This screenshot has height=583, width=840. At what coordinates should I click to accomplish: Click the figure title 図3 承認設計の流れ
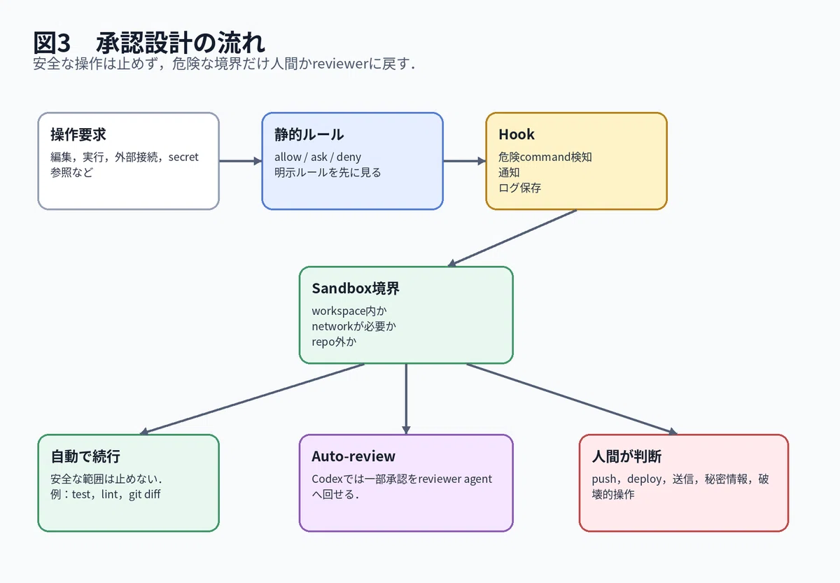pyautogui.click(x=149, y=43)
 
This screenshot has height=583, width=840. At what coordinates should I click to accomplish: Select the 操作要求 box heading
pyautogui.click(x=78, y=134)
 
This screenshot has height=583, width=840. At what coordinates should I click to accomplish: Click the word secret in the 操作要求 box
pyautogui.click(x=183, y=157)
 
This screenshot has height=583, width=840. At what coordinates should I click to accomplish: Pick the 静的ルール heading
pyautogui.click(x=309, y=134)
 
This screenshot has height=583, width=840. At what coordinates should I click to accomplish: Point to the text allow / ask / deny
pyautogui.click(x=318, y=157)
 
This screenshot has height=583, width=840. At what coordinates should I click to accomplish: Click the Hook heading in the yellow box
pyautogui.click(x=517, y=134)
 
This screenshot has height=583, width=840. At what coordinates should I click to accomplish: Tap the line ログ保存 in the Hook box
pyautogui.click(x=519, y=188)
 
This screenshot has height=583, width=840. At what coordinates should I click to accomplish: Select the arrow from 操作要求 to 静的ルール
pyautogui.click(x=240, y=161)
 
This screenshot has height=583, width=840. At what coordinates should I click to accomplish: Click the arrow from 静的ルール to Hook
pyautogui.click(x=465, y=161)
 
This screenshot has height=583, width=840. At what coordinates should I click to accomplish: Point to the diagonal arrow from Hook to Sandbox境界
pyautogui.click(x=512, y=238)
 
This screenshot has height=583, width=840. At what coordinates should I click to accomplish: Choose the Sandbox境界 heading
pyautogui.click(x=356, y=288)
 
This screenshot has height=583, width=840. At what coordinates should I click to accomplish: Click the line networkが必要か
pyautogui.click(x=353, y=326)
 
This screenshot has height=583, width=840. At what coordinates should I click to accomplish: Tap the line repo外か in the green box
pyautogui.click(x=334, y=342)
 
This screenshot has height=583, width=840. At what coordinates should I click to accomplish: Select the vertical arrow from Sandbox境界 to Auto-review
pyautogui.click(x=406, y=399)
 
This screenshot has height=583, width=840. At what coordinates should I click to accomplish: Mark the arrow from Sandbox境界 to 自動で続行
pyautogui.click(x=252, y=399)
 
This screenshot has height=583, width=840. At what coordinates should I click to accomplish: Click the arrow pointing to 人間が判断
pyautogui.click(x=572, y=399)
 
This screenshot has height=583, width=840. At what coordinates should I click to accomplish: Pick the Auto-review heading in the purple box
pyautogui.click(x=353, y=456)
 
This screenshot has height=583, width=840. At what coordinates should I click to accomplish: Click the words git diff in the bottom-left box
pyautogui.click(x=144, y=495)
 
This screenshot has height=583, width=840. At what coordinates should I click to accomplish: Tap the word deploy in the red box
pyautogui.click(x=644, y=479)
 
